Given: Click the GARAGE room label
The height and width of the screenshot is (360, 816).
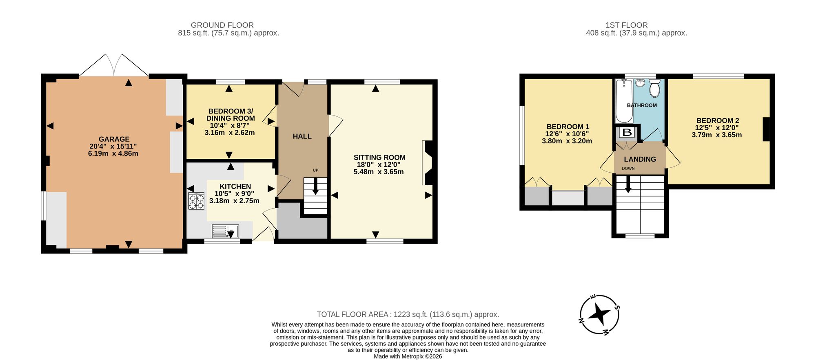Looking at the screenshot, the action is click(x=114, y=139).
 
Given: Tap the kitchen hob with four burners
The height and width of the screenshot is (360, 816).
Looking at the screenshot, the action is click(x=196, y=201).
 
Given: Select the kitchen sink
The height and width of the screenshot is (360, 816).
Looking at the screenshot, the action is click(x=225, y=231).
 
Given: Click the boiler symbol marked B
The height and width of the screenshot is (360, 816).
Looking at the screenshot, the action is click(x=627, y=132).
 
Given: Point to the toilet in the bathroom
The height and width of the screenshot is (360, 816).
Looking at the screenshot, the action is click(x=654, y=88).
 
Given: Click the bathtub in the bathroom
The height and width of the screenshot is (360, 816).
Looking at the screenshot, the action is click(x=624, y=101).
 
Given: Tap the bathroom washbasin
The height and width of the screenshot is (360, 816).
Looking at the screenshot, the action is click(x=640, y=83).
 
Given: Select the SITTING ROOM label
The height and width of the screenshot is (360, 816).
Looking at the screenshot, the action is click(x=379, y=158).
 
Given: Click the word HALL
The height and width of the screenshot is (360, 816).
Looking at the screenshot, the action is click(x=302, y=136).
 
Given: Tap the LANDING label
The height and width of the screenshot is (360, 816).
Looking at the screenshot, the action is click(x=640, y=159).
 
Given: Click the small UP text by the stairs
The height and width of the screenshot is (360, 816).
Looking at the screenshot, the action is click(x=315, y=170).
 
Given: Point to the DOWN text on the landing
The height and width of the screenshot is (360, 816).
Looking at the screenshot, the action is click(x=628, y=169).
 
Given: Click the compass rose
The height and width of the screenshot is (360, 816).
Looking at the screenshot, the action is click(x=600, y=315).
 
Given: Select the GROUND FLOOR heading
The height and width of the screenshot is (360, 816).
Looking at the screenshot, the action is click(x=222, y=25).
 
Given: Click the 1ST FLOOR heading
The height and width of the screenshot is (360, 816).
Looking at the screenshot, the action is click(x=627, y=25).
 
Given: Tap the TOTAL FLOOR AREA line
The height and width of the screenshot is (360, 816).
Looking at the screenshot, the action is click(x=408, y=315).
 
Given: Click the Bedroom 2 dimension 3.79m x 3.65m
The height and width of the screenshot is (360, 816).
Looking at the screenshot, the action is click(x=717, y=135).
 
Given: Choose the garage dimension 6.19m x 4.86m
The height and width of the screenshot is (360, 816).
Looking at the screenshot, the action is click(x=113, y=154).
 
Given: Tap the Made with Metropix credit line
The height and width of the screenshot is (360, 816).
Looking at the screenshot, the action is click(x=408, y=356).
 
